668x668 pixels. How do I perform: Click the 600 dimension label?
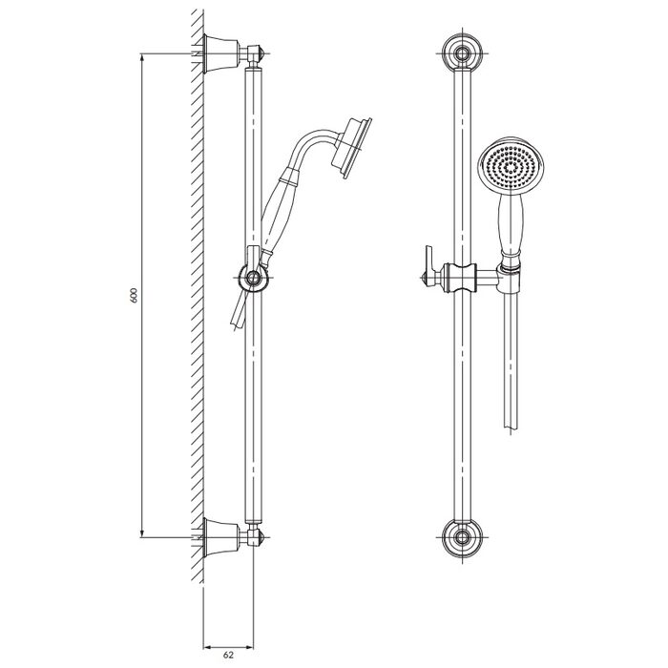134,295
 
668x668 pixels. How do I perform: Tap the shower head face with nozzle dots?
511,167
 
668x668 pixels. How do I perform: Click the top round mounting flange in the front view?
462,54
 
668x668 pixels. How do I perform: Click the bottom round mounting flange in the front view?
462,536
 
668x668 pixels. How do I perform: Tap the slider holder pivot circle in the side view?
253,278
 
